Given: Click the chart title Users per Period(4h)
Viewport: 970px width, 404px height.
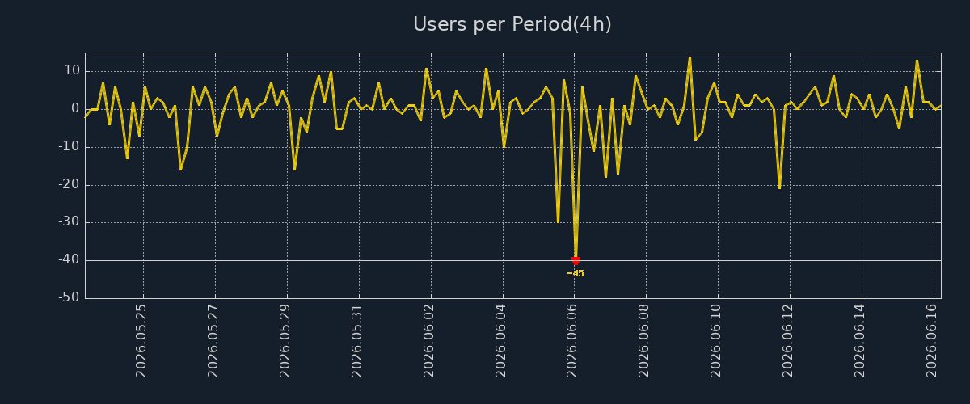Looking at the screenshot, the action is coord(512,24).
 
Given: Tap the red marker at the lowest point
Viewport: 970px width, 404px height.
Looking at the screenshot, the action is coord(576,260).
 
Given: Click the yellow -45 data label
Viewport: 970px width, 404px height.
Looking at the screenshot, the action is coord(576,273).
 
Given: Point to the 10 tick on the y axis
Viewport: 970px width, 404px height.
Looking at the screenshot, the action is coord(72,70).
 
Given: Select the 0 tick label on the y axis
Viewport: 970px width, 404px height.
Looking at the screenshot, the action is coord(75,108).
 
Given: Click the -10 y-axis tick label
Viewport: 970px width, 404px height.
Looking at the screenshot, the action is coord(70,146).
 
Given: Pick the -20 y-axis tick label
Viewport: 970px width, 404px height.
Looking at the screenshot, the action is coord(70,184).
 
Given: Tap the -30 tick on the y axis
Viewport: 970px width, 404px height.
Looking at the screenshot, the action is coord(70,221).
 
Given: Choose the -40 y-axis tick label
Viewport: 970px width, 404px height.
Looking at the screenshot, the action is coord(70,259).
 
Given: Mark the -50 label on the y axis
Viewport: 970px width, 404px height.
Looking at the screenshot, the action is coord(70,297).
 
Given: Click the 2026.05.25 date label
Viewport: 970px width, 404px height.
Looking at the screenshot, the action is coord(141,341).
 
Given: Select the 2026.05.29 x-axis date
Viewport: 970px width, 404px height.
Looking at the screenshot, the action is coord(285,341).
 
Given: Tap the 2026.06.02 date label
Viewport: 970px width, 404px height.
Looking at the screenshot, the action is coord(428,341).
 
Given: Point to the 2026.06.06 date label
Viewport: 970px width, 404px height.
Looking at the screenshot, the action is coord(572,341).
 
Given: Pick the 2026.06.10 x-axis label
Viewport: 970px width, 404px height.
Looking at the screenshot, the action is coord(716,341).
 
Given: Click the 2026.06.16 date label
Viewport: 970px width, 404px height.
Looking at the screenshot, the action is coord(932,341).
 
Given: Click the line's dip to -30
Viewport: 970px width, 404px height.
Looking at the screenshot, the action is coord(558,221).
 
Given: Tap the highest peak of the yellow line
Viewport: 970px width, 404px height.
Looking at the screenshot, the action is coord(690,57).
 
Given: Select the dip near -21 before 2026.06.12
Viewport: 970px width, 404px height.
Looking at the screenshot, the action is coord(779,187).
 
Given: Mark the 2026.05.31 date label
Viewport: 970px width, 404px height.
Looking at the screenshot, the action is coord(356,341).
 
